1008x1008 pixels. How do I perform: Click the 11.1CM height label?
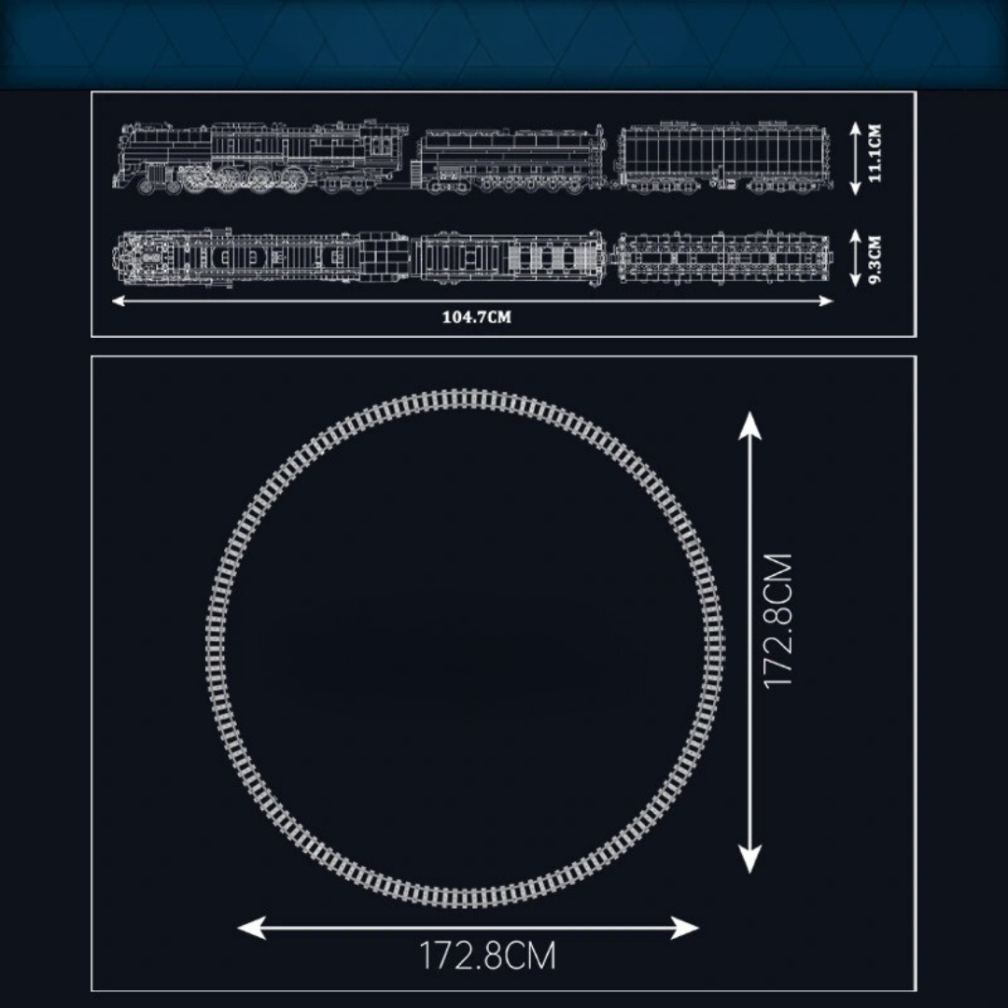(x=875, y=154)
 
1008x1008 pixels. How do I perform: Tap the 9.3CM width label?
(x=875, y=259)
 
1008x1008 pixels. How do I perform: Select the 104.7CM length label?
(x=476, y=317)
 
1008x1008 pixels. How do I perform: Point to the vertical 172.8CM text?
(x=777, y=621)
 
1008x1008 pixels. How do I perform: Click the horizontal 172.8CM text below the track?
(x=487, y=956)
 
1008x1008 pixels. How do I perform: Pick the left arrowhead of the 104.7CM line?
(x=119, y=301)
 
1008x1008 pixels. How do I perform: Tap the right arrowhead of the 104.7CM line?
(x=827, y=301)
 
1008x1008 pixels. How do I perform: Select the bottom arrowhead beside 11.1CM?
(x=855, y=188)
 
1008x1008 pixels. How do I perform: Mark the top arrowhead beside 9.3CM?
(x=855, y=236)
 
